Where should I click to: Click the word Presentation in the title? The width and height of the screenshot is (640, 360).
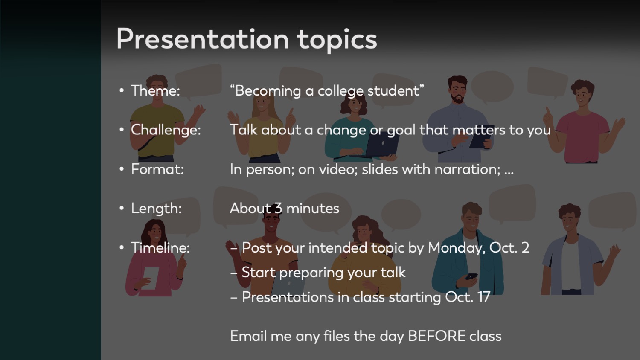203,39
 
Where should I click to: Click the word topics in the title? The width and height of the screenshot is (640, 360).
337,41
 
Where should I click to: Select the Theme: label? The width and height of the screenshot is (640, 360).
155,90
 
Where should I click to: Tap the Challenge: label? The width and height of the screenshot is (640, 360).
166,130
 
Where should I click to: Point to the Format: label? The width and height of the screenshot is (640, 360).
157,169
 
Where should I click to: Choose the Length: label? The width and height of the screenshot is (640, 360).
156,209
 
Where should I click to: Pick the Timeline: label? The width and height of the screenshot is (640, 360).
160,247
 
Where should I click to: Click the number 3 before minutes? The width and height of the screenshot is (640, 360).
278,208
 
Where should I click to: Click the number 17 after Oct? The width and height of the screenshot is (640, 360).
483,297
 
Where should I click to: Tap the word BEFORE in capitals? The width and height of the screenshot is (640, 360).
436,336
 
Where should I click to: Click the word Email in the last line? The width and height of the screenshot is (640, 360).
248,336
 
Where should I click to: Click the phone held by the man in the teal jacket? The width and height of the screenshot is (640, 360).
471,276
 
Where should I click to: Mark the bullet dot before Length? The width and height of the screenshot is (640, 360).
122,208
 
